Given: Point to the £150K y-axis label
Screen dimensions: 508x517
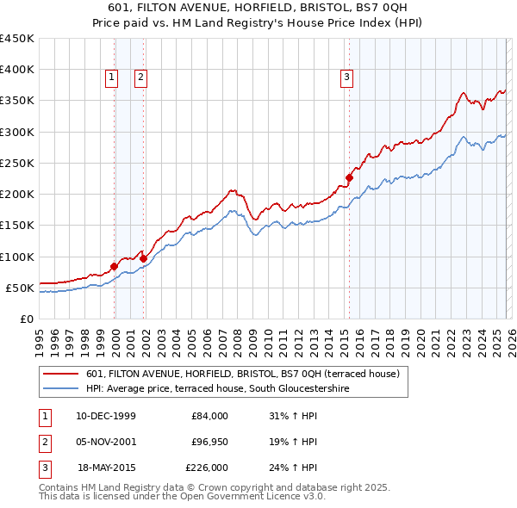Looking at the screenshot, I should [x=17, y=226].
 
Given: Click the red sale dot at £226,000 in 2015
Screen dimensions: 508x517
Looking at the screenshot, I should [x=349, y=178].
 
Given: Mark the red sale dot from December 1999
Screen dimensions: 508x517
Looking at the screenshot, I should [x=115, y=266].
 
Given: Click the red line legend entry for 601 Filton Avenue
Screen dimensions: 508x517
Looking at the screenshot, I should [x=242, y=375].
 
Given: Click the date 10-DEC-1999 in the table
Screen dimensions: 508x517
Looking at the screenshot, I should [x=106, y=416].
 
